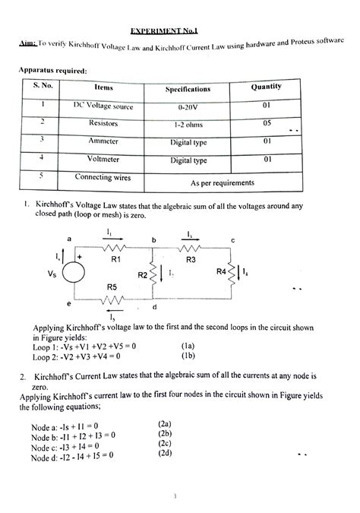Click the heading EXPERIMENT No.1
164,32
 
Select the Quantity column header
267,87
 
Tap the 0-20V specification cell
188,108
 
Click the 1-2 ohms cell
188,125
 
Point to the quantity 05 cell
267,122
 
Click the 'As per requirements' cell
223,183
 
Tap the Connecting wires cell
103,177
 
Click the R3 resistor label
191,260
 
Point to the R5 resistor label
112,287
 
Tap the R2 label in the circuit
142,275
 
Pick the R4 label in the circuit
220,272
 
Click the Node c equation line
65,446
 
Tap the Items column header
103,89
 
